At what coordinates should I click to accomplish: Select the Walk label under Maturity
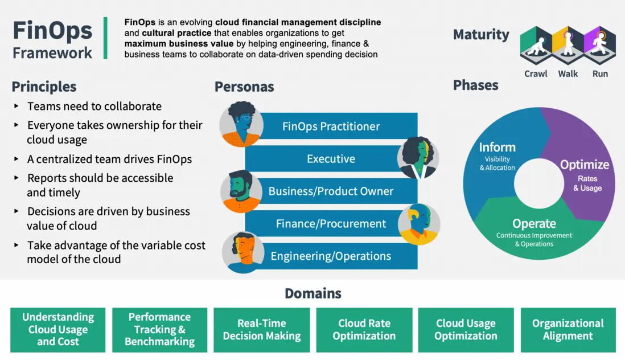pyautogui.click(x=568, y=73)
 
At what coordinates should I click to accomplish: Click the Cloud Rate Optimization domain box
pyautogui.click(x=364, y=330)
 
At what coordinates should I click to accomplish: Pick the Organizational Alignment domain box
pyautogui.click(x=568, y=330)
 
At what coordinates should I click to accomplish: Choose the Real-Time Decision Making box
pyautogui.click(x=262, y=330)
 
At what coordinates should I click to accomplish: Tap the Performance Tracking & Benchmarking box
pyautogui.click(x=160, y=330)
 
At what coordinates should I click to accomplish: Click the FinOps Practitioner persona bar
pyautogui.click(x=331, y=126)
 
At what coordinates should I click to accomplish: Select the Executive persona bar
pyautogui.click(x=331, y=159)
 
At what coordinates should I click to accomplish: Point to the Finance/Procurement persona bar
pyautogui.click(x=331, y=224)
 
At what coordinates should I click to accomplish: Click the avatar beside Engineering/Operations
pyautogui.click(x=241, y=252)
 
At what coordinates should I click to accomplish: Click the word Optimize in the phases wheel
pyautogui.click(x=585, y=165)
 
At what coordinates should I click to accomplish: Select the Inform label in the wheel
pyautogui.click(x=497, y=147)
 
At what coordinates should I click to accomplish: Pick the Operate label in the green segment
pyautogui.click(x=534, y=223)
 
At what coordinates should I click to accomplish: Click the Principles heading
pyautogui.click(x=44, y=87)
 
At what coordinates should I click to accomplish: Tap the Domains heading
pyautogui.click(x=312, y=293)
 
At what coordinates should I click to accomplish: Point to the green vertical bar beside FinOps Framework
pyautogui.click(x=105, y=38)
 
